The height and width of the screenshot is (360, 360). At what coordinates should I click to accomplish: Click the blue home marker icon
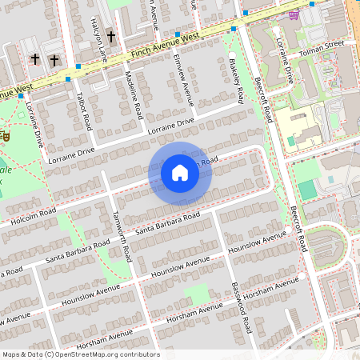click(180, 172)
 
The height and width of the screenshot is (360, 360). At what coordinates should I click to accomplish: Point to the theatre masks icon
click(4, 136)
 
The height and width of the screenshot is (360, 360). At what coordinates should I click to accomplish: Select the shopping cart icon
click(295, 15)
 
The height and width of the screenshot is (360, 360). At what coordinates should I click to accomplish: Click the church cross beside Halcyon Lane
click(111, 38)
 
